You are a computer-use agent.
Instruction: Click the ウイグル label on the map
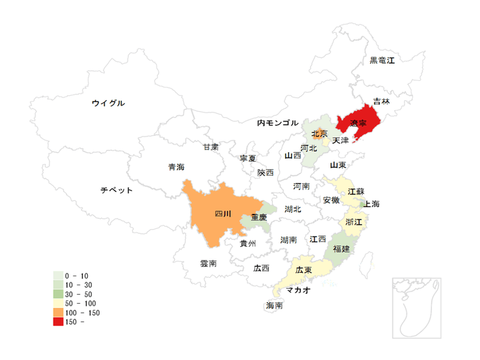tap(108, 103)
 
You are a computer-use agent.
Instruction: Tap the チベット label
tap(116, 190)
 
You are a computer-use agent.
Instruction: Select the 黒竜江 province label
tap(382, 60)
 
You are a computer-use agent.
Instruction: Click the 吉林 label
tap(381, 101)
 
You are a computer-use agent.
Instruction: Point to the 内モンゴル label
tap(278, 123)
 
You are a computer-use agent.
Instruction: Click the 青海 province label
tap(176, 167)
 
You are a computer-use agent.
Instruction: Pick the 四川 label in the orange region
tap(223, 214)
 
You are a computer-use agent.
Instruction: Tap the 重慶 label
tap(259, 217)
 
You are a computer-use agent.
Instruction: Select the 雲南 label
tap(208, 263)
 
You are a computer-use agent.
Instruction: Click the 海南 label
tap(274, 306)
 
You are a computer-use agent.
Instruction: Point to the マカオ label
tap(298, 290)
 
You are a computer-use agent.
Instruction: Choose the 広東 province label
tap(304, 270)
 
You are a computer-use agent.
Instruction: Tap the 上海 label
tap(372, 204)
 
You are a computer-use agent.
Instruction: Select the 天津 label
tap(340, 140)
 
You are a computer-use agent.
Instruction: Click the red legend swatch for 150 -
tap(58, 321)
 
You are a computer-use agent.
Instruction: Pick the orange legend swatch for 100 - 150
tap(58, 312)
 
